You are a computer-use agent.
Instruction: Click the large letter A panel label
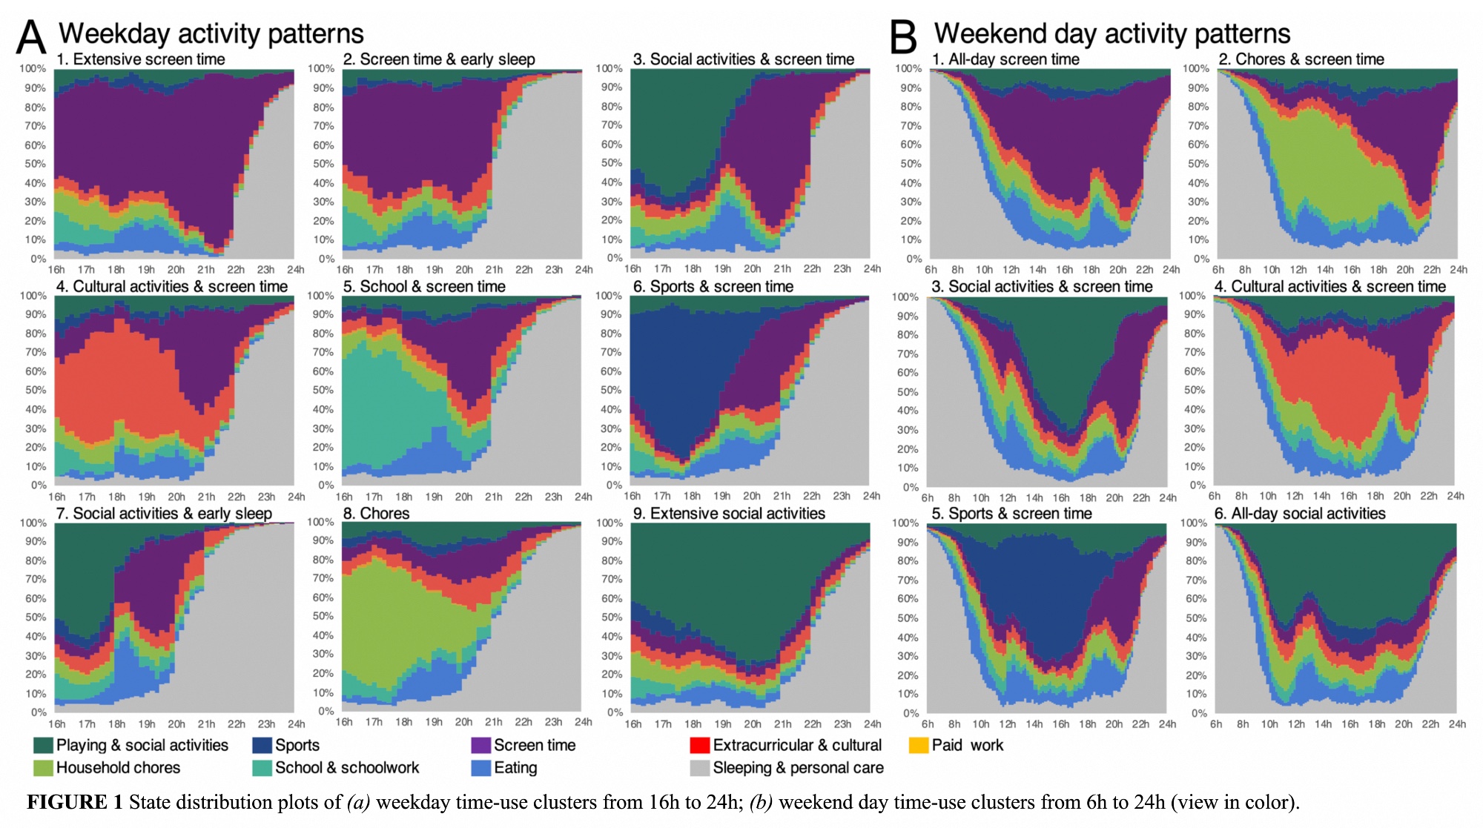(31, 37)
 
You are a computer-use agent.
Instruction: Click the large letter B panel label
(903, 37)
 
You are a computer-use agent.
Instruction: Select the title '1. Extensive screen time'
(141, 59)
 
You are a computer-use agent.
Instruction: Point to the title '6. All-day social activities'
(1300, 513)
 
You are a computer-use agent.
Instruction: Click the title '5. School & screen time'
(424, 286)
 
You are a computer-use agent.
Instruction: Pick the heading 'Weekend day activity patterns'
(1112, 33)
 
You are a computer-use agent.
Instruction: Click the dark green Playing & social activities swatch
(44, 745)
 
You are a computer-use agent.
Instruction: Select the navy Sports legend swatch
(262, 745)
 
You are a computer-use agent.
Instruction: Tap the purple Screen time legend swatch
(481, 745)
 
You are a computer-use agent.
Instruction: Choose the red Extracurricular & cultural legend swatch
(700, 745)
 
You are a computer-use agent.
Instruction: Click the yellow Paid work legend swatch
(919, 745)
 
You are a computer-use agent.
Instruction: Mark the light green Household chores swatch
(44, 768)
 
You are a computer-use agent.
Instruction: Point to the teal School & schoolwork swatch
(262, 768)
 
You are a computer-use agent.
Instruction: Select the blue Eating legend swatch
(481, 768)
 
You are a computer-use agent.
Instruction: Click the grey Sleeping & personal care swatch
(700, 768)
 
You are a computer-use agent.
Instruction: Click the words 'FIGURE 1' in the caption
(75, 802)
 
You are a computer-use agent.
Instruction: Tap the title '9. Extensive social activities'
(729, 513)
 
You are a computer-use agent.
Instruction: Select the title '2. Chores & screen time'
(1301, 59)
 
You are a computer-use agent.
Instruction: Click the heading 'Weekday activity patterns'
(211, 33)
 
